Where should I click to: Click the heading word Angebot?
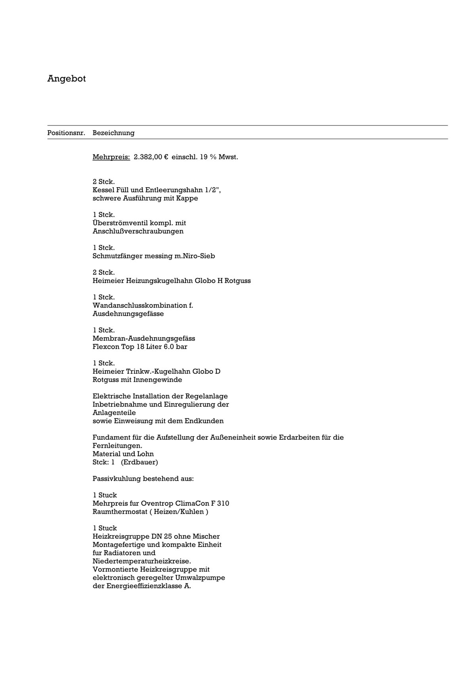click(66, 79)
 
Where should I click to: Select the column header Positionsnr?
click(66, 133)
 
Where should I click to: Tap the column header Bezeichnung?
click(113, 133)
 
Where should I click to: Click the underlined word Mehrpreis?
click(111, 157)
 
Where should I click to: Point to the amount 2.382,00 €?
click(151, 157)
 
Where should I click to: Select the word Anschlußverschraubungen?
click(138, 232)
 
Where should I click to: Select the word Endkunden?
click(206, 421)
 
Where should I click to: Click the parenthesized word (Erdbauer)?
click(140, 462)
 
